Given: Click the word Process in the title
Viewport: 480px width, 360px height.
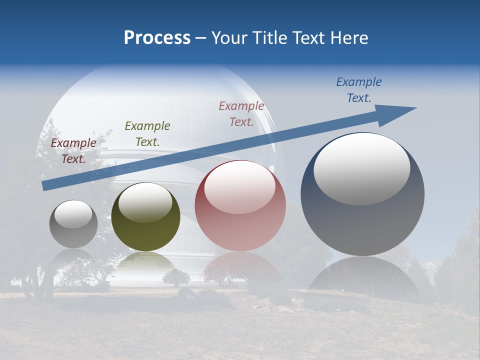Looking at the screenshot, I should [x=157, y=38].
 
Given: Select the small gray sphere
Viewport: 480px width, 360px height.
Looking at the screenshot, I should [x=73, y=235].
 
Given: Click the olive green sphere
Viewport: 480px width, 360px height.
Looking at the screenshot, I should [x=145, y=235].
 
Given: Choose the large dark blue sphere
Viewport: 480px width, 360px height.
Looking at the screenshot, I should [x=362, y=225].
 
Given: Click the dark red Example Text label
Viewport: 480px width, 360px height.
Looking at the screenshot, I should [x=73, y=150].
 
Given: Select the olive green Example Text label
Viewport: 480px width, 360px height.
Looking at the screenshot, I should [x=147, y=133].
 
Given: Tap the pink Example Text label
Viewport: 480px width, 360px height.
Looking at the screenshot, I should [x=241, y=113].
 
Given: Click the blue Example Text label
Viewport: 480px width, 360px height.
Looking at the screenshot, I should [x=359, y=89].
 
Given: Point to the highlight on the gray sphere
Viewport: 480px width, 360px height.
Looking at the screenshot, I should [x=73, y=214].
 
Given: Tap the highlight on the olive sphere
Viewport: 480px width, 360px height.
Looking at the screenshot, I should [x=145, y=202].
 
